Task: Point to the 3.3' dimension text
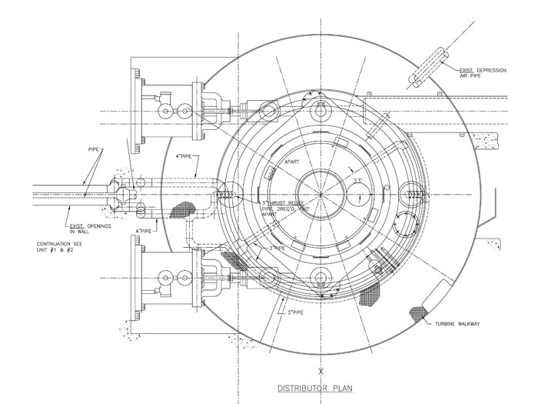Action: pyautogui.click(x=357, y=181)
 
